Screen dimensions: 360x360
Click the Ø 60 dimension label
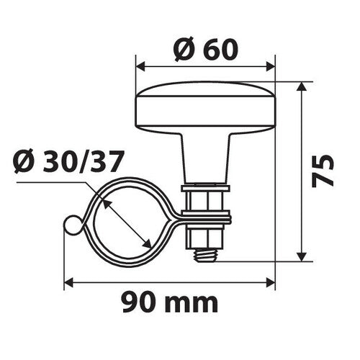point(205,50)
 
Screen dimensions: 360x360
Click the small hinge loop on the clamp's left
point(71,226)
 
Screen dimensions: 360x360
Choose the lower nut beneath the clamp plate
point(207,234)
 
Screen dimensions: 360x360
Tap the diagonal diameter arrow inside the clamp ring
point(127,224)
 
